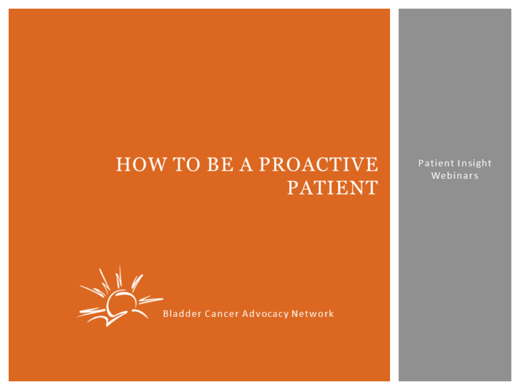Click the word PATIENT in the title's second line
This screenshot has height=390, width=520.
[332, 188]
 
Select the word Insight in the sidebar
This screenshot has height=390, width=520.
[474, 163]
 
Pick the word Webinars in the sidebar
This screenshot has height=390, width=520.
[455, 175]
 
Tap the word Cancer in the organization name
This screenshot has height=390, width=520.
[216, 313]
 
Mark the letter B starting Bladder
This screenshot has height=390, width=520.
[166, 313]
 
